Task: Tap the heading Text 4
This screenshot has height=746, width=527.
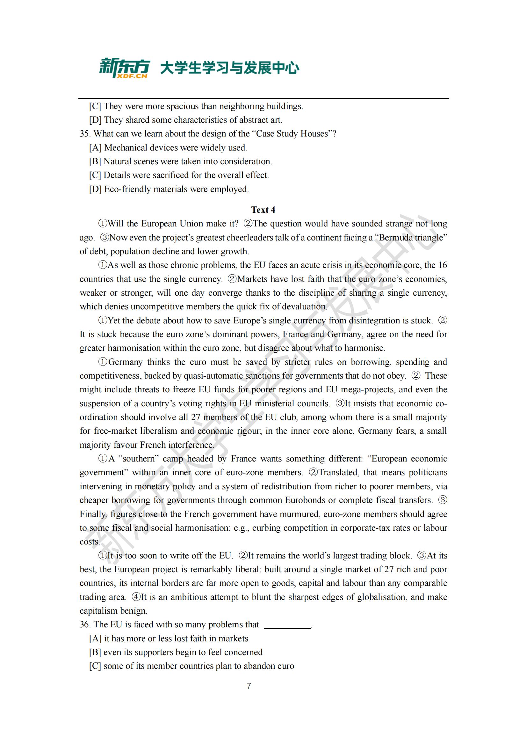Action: [263, 210]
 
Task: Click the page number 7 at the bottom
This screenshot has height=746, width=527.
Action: [249, 686]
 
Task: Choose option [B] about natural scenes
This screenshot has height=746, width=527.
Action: [181, 161]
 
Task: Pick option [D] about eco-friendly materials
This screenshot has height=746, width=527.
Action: [169, 189]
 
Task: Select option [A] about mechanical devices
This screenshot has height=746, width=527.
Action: [168, 148]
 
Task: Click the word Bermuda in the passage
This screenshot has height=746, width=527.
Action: [393, 238]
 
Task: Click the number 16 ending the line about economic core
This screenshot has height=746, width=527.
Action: [442, 265]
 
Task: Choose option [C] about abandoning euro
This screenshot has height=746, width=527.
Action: [191, 666]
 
